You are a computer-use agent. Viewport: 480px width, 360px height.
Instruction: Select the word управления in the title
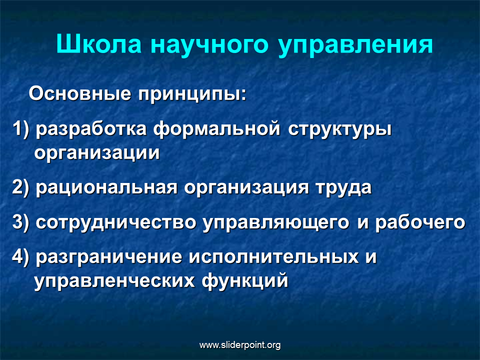(355, 46)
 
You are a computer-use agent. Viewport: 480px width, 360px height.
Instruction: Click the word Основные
(80, 93)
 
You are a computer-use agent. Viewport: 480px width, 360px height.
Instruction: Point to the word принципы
(192, 95)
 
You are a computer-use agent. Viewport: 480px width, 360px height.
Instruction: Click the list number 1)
(21, 129)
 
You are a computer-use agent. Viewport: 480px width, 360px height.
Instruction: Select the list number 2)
(21, 187)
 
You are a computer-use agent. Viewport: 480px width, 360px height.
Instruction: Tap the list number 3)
(21, 222)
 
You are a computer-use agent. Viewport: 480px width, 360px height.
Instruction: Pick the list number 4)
(21, 257)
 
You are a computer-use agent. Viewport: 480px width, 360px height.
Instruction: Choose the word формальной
(216, 129)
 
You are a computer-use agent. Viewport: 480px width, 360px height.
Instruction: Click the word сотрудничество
(115, 222)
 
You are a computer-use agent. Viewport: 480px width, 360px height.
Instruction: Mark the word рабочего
(420, 222)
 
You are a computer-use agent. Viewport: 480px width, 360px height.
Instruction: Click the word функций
(245, 280)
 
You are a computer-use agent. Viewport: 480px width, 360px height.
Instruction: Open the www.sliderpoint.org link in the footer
(240, 345)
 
